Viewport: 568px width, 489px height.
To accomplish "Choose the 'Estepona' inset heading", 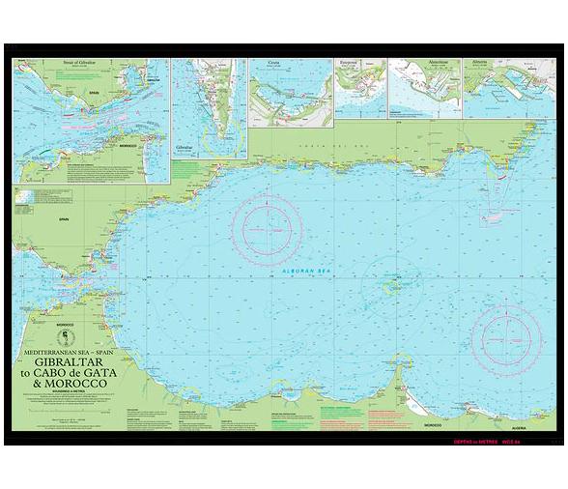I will click(349, 64).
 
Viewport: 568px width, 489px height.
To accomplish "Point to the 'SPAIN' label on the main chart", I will click(36, 220).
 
